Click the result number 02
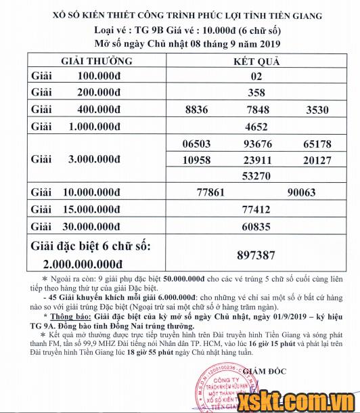[x=256, y=77]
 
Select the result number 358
[x=256, y=93]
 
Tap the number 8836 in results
[x=196, y=110]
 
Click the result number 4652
[x=256, y=127]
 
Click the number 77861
[x=210, y=193]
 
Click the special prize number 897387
[x=256, y=255]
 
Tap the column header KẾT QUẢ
[x=256, y=61]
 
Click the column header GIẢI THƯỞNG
[x=96, y=61]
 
